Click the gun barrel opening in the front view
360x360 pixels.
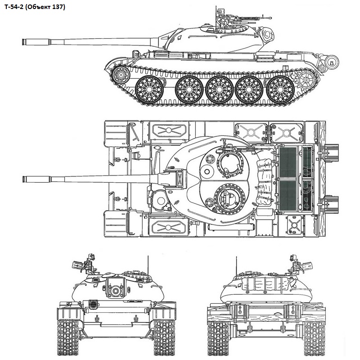(116, 291)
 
